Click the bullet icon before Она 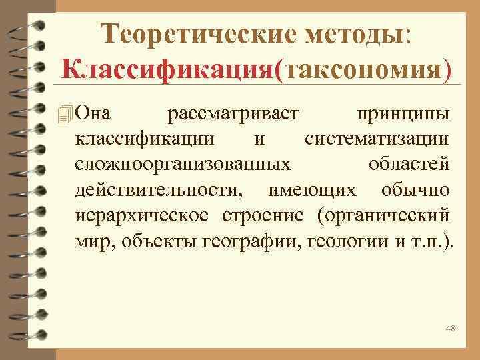coord(65,115)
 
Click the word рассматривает coord(235,115)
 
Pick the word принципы coord(406,115)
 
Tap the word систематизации coord(378,139)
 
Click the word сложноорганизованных coord(182,164)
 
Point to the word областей coord(409,164)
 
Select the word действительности coord(159,189)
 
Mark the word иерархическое coord(142,215)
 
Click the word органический coord(385,215)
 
